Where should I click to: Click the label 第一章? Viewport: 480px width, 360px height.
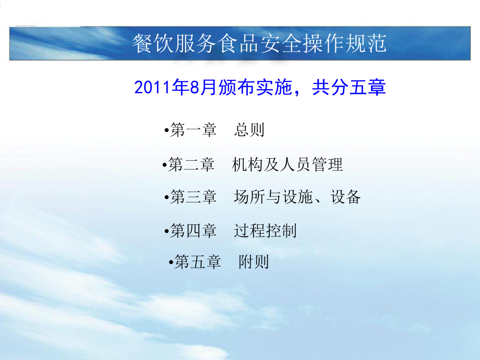pyautogui.click(x=194, y=130)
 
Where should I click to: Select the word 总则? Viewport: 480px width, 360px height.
pyautogui.click(x=249, y=130)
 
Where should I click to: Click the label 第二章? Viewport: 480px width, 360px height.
pyautogui.click(x=191, y=165)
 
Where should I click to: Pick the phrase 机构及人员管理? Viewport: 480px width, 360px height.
pyautogui.click(x=287, y=165)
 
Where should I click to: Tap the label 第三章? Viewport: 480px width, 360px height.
pyautogui.click(x=194, y=197)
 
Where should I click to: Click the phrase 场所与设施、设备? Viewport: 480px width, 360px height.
pyautogui.click(x=297, y=197)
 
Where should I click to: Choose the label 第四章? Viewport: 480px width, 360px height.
pyautogui.click(x=194, y=231)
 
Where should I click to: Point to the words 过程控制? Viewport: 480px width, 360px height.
pyautogui.click(x=265, y=231)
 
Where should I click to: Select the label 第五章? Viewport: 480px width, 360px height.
pyautogui.click(x=198, y=261)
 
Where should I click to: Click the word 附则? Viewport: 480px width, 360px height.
pyautogui.click(x=254, y=261)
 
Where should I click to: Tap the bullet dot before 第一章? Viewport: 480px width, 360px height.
pyautogui.click(x=166, y=130)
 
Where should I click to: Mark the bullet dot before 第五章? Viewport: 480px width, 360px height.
pyautogui.click(x=171, y=261)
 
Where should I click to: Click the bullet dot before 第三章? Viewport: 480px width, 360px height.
pyautogui.click(x=166, y=197)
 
